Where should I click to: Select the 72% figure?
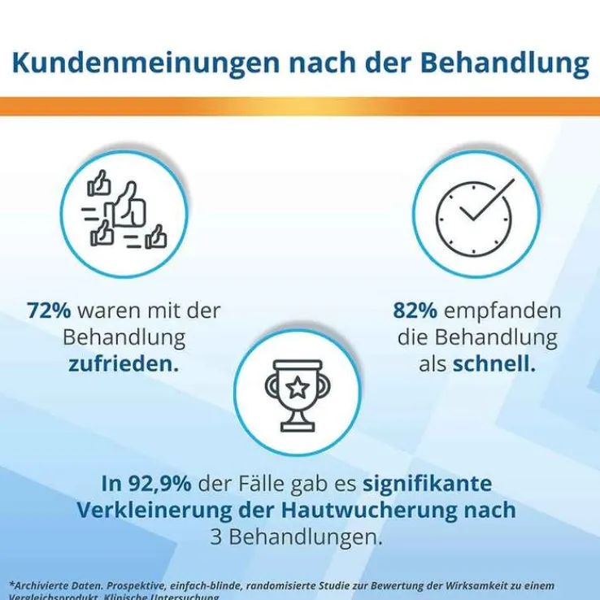pyautogui.click(x=46, y=311)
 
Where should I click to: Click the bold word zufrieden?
pyautogui.click(x=122, y=363)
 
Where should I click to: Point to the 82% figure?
pyautogui.click(x=412, y=311)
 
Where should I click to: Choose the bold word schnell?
pyautogui.click(x=493, y=363)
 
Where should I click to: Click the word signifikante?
pyautogui.click(x=427, y=484)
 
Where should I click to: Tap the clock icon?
pyautogui.click(x=475, y=215)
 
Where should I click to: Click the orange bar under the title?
pyautogui.click(x=300, y=107)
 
